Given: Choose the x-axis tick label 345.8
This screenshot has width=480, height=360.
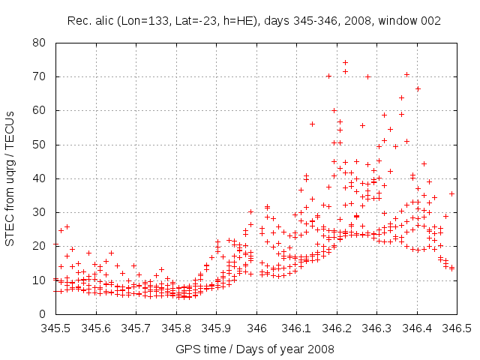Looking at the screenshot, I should pos(176,328).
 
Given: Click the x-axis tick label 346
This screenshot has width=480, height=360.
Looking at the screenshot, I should pos(256,328).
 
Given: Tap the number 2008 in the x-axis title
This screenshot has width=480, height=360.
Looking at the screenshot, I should pos(321,349).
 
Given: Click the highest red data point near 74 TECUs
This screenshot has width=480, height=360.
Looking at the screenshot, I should pos(345,63).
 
